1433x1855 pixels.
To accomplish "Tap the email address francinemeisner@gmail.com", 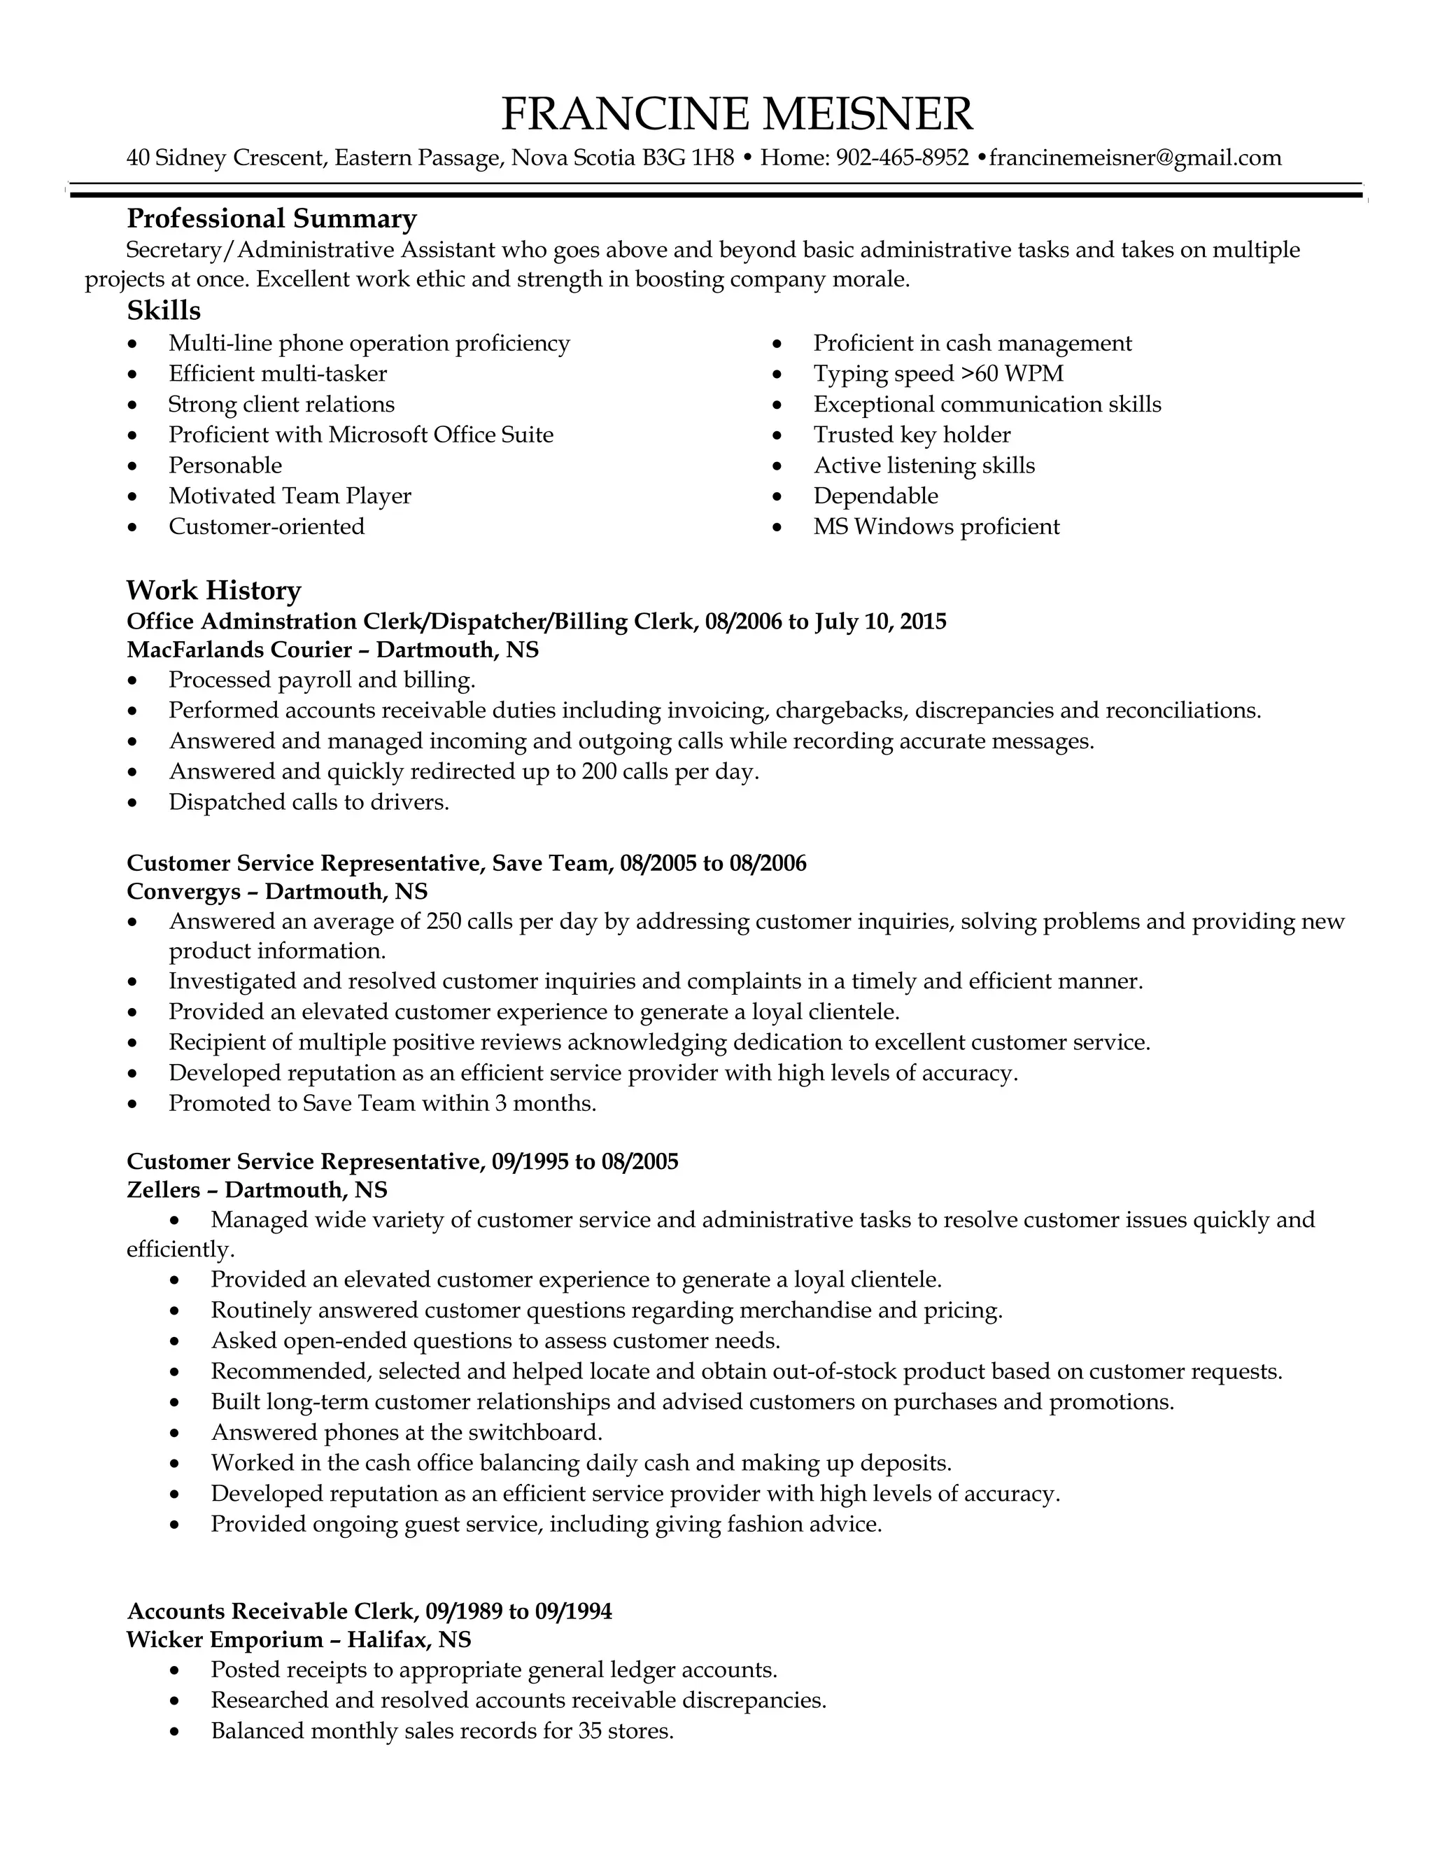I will [1135, 158].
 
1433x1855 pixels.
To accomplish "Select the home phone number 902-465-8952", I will [903, 158].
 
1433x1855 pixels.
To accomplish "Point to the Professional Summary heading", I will [271, 219].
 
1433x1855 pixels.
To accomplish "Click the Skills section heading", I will [164, 311].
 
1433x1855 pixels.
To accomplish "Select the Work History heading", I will [214, 590].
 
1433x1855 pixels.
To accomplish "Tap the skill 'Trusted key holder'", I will [912, 435].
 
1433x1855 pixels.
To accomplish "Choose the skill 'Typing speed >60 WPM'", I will [938, 374].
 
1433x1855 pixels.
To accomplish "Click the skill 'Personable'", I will [225, 465].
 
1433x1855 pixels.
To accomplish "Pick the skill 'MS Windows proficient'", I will [936, 526].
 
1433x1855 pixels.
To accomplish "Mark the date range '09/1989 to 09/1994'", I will [518, 1611].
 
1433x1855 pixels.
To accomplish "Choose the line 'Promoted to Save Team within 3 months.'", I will [383, 1103].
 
